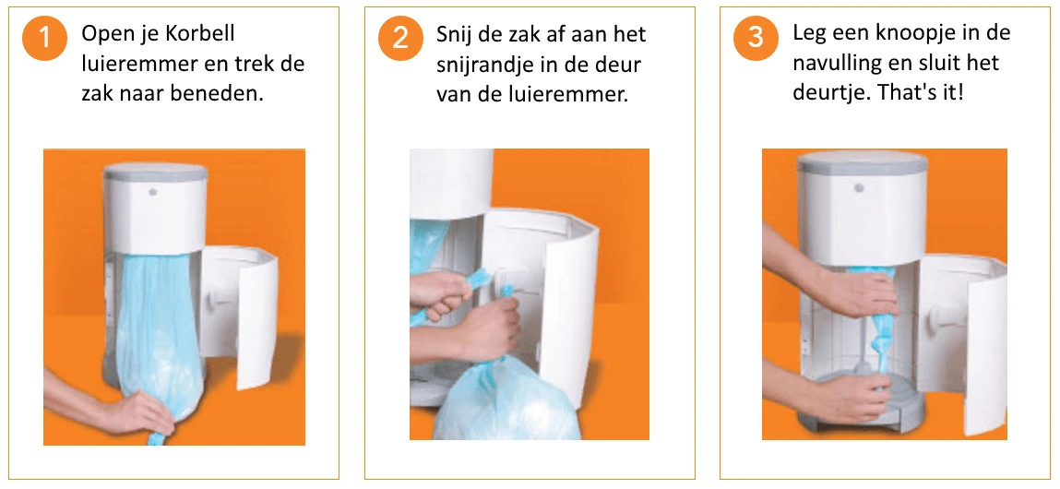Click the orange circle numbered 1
tap(44, 38)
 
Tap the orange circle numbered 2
tap(400, 38)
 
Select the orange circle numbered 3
tap(756, 38)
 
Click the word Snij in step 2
tap(455, 34)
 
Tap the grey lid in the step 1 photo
tap(156, 172)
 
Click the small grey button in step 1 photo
tap(153, 192)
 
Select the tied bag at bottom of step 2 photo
tap(499, 401)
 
